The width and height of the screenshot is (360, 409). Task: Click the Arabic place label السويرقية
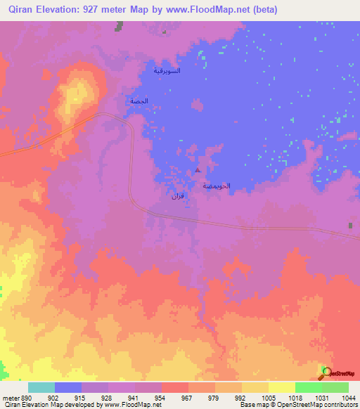pyautogui.click(x=167, y=71)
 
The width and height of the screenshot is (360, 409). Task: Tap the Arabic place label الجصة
pyautogui.click(x=138, y=101)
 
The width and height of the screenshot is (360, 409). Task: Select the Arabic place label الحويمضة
pyautogui.click(x=217, y=186)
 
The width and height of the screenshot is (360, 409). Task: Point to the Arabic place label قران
pyautogui.click(x=177, y=196)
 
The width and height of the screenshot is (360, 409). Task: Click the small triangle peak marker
pyautogui.click(x=198, y=170)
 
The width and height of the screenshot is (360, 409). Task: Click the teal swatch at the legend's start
pyautogui.click(x=41, y=387)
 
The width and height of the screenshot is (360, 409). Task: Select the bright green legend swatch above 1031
pyautogui.click(x=309, y=387)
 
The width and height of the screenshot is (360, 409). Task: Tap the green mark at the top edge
pyautogui.click(x=120, y=25)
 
